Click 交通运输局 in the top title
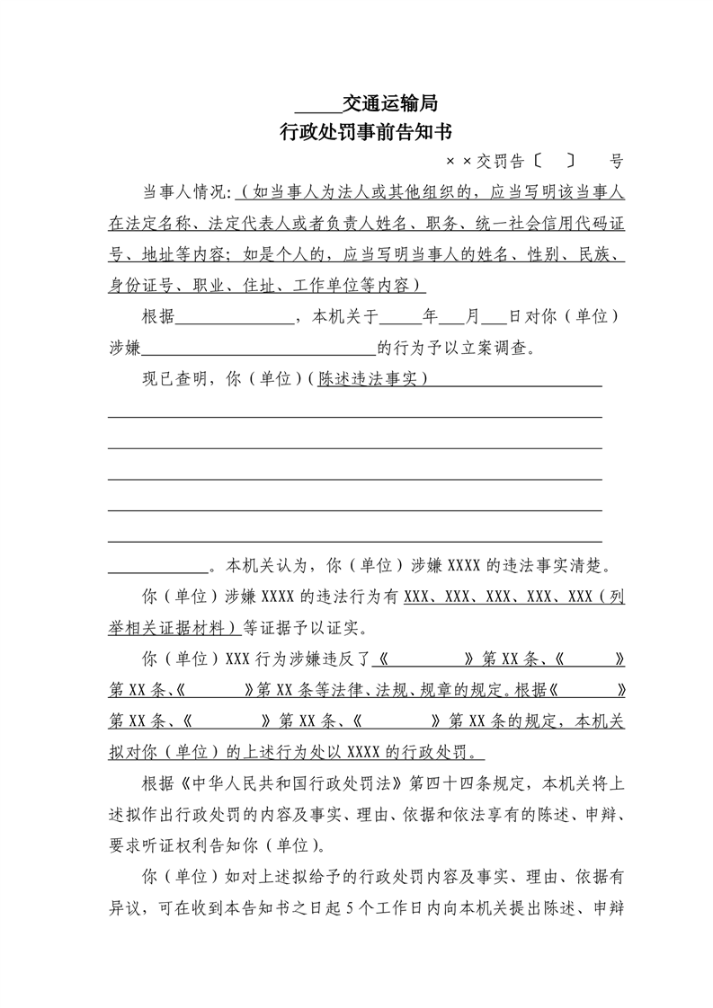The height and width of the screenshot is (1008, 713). pos(390,102)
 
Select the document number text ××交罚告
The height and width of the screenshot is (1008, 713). pos(485,163)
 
